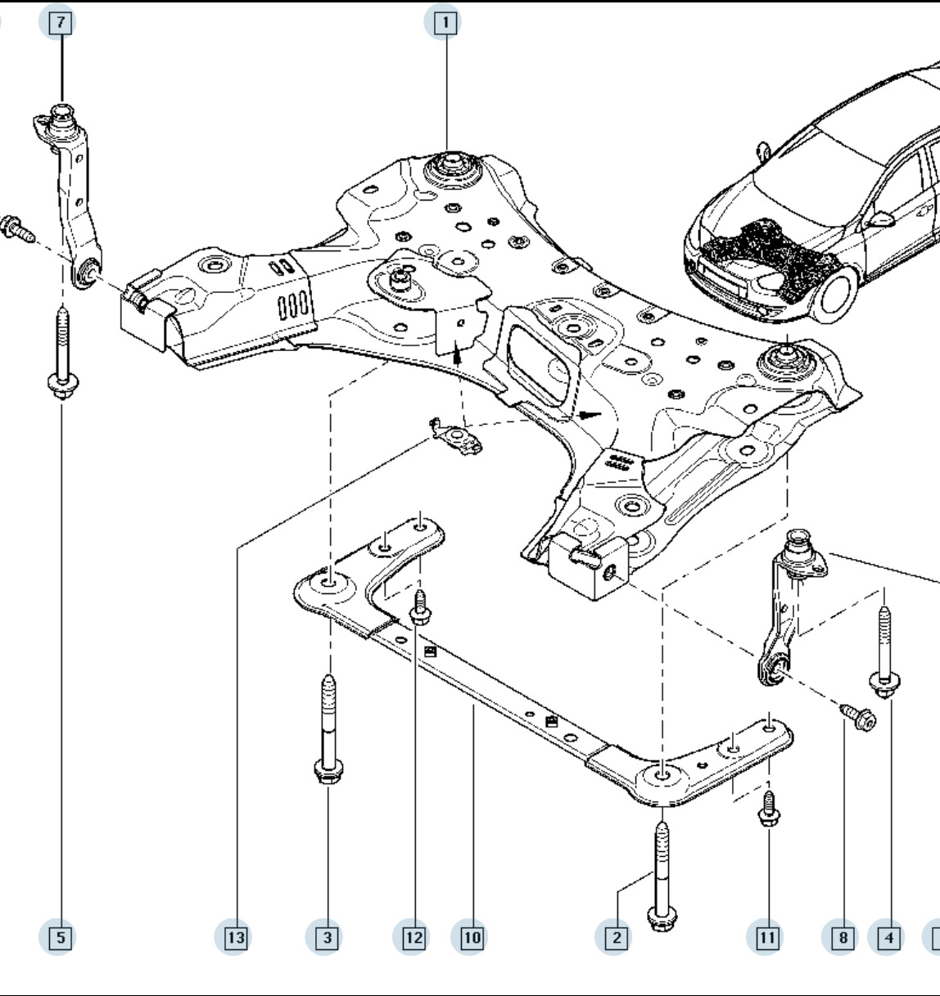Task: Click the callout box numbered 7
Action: tap(61, 23)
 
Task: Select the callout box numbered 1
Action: tap(445, 23)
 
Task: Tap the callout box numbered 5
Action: tap(61, 937)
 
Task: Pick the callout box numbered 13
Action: tap(236, 937)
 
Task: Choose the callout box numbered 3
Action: tap(328, 937)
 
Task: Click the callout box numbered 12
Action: tap(414, 937)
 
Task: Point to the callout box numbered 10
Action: tap(472, 937)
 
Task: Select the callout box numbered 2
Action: tap(617, 937)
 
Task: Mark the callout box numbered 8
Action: tap(843, 937)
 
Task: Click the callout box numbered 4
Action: tap(888, 937)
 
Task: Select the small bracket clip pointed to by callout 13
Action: tap(456, 437)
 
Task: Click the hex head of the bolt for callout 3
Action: tap(328, 771)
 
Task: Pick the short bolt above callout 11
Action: tap(768, 808)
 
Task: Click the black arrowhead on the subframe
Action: tap(590, 415)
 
